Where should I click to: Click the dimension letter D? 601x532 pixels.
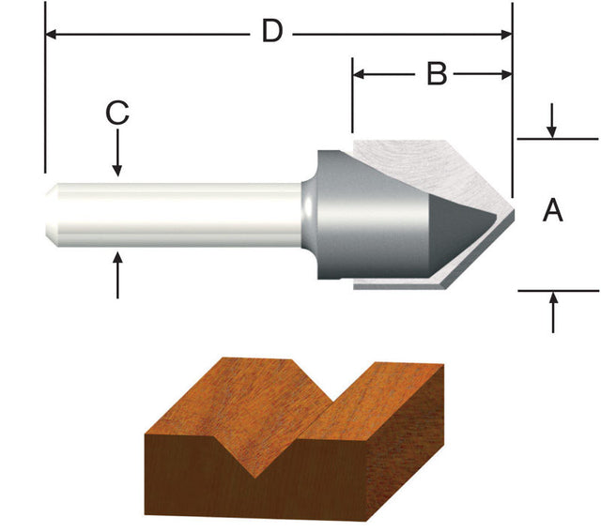click(x=271, y=32)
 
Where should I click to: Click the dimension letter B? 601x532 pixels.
click(x=436, y=73)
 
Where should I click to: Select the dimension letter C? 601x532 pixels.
click(x=116, y=113)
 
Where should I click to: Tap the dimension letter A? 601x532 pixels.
click(x=554, y=212)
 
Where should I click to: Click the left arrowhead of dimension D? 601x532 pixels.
click(x=53, y=35)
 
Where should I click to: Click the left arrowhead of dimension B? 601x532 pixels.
click(x=360, y=74)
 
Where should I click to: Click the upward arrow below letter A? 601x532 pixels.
click(x=553, y=301)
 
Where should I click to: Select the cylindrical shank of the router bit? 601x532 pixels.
click(x=178, y=214)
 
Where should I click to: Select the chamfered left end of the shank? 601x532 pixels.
click(x=53, y=214)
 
